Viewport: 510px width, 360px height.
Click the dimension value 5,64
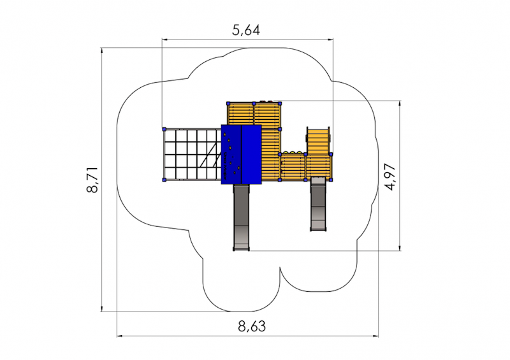click(246, 30)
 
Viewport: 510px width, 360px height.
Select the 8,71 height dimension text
click(92, 180)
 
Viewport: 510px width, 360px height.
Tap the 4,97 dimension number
click(390, 177)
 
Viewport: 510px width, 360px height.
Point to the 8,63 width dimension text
click(251, 326)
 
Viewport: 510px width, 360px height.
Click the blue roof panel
click(242, 154)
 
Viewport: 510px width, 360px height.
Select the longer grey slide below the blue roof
click(242, 217)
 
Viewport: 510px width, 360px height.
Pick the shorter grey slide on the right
click(318, 204)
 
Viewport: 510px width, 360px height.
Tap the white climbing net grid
click(192, 154)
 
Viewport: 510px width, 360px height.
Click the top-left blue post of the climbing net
click(164, 129)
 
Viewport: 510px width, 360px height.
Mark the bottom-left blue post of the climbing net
click(164, 180)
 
